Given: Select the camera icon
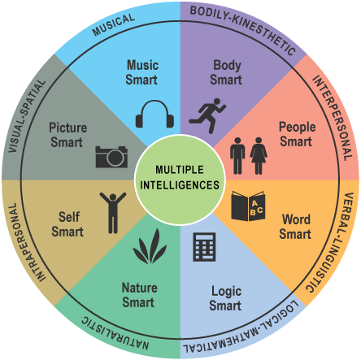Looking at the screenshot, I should (x=111, y=155).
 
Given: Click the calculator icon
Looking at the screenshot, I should (x=203, y=247).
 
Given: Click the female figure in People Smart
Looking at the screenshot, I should (x=259, y=154).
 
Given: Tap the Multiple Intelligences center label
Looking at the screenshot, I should (x=180, y=177).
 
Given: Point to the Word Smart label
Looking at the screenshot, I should (x=296, y=227).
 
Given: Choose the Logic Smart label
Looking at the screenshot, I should (x=225, y=298).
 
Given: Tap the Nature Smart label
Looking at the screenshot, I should (x=139, y=294).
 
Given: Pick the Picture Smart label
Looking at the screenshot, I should (x=67, y=135).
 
